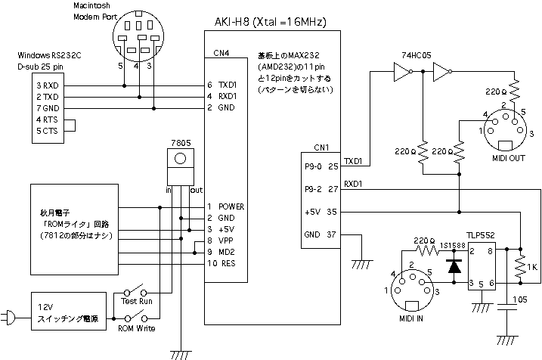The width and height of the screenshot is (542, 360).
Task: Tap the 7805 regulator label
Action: coord(180,142)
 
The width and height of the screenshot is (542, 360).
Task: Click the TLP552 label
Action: coord(481,234)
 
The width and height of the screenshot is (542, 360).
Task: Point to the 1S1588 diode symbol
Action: coord(454,265)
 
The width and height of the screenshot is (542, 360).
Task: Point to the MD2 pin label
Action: coord(228,252)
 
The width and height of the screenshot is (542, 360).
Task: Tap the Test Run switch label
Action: coord(137,302)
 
